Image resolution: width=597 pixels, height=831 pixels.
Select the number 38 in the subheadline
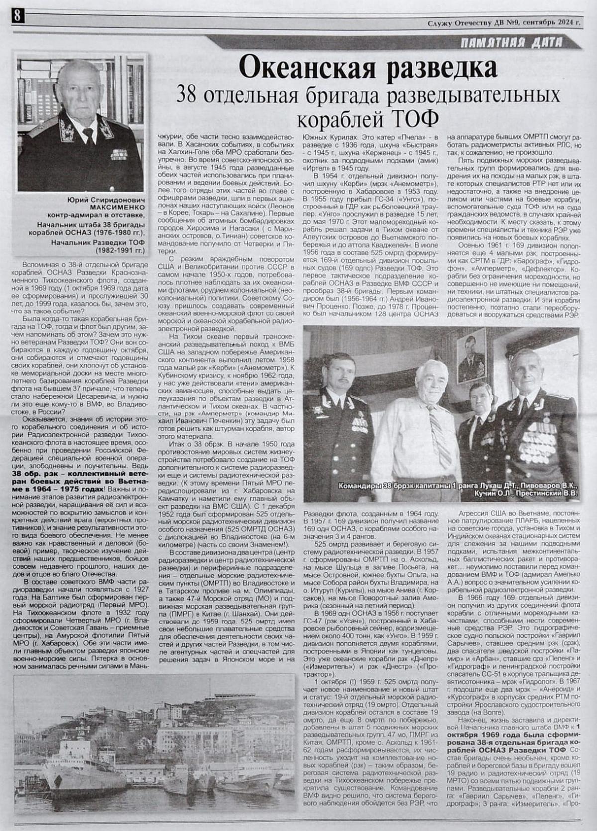pos(192,95)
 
